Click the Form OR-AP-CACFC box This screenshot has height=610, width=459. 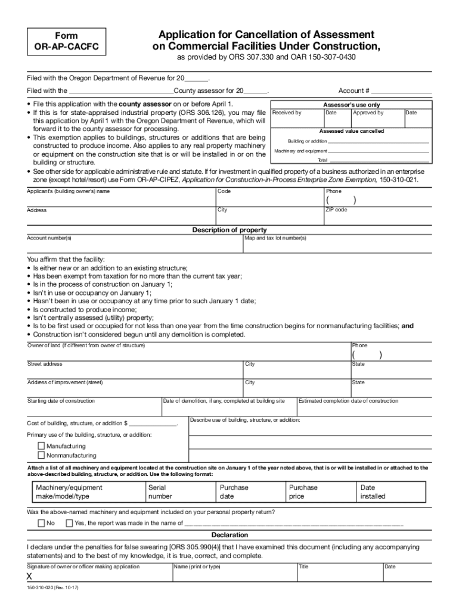[x=67, y=41]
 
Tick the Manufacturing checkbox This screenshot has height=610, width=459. [x=41, y=446]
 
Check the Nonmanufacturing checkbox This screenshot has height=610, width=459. [x=41, y=456]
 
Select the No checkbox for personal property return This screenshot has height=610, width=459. [x=41, y=523]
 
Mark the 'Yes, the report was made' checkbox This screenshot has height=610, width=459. [x=69, y=523]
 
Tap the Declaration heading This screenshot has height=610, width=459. [x=229, y=535]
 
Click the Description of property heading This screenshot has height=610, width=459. [x=229, y=230]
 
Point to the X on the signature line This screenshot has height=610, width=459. [x=29, y=577]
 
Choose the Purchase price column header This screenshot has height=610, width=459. [x=303, y=491]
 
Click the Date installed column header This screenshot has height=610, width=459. [x=373, y=491]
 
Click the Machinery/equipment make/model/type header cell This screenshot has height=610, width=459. [x=69, y=491]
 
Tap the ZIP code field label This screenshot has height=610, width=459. [x=336, y=210]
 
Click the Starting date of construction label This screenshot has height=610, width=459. [x=61, y=401]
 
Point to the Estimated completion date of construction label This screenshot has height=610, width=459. [x=349, y=401]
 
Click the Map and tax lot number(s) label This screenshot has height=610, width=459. [x=275, y=238]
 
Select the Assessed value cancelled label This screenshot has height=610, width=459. [x=352, y=131]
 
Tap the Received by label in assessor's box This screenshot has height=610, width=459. [x=287, y=113]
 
